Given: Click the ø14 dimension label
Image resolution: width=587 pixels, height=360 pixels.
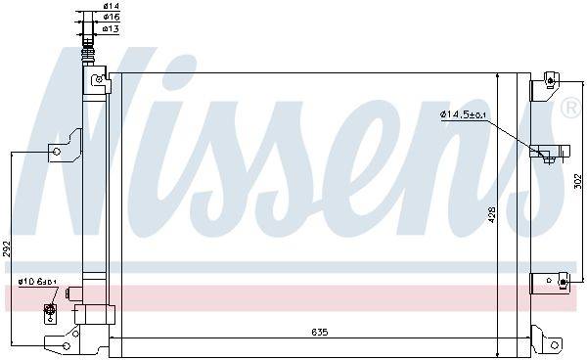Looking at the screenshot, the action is click(x=112, y=6).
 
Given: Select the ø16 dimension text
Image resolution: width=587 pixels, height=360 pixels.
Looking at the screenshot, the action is click(x=112, y=17).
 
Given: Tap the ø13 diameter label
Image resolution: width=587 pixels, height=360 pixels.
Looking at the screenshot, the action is click(x=112, y=28).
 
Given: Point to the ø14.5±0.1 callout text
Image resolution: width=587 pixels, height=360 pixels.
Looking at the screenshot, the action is click(x=464, y=114).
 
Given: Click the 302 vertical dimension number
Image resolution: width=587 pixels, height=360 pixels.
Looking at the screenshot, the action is click(x=577, y=181).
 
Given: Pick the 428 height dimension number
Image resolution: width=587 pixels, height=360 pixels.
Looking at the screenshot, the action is click(x=492, y=215).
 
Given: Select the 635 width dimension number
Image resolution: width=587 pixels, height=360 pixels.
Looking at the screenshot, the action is click(x=319, y=332).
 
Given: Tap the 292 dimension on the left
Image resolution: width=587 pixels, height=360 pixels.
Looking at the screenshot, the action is click(x=7, y=248).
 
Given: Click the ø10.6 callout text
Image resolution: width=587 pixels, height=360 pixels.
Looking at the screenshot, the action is click(x=37, y=282).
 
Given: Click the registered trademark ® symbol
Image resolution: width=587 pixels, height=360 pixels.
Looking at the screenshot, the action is click(x=571, y=109).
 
